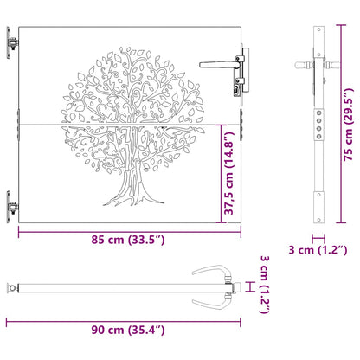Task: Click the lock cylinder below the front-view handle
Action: click(235, 87)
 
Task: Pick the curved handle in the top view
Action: click(212, 286)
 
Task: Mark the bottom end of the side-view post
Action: click(319, 221)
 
